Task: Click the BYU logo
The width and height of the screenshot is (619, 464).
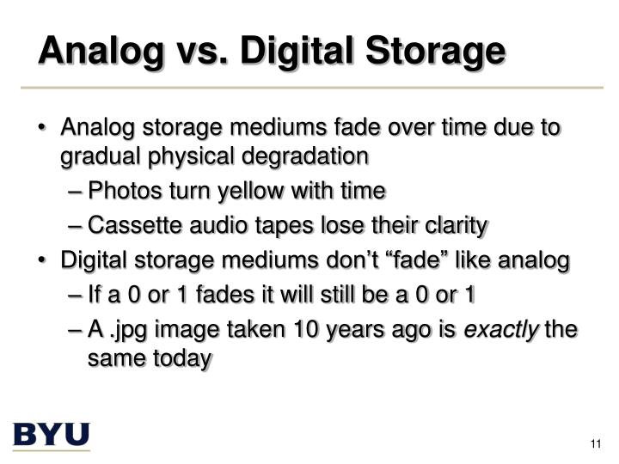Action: point(51,435)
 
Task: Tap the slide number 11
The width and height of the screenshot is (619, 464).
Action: point(594,443)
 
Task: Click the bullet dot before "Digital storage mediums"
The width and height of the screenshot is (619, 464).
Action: point(43,260)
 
